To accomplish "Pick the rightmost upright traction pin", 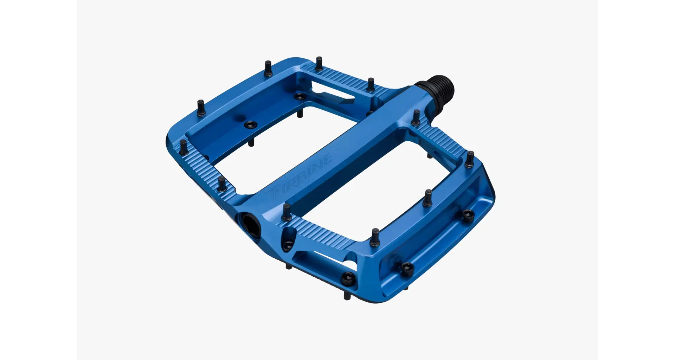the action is pos(470,159).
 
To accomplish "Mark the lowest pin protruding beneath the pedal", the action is pos(347,296).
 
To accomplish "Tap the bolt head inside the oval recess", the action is pos(288,245).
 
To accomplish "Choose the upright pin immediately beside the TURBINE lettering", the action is pos(287,212).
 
